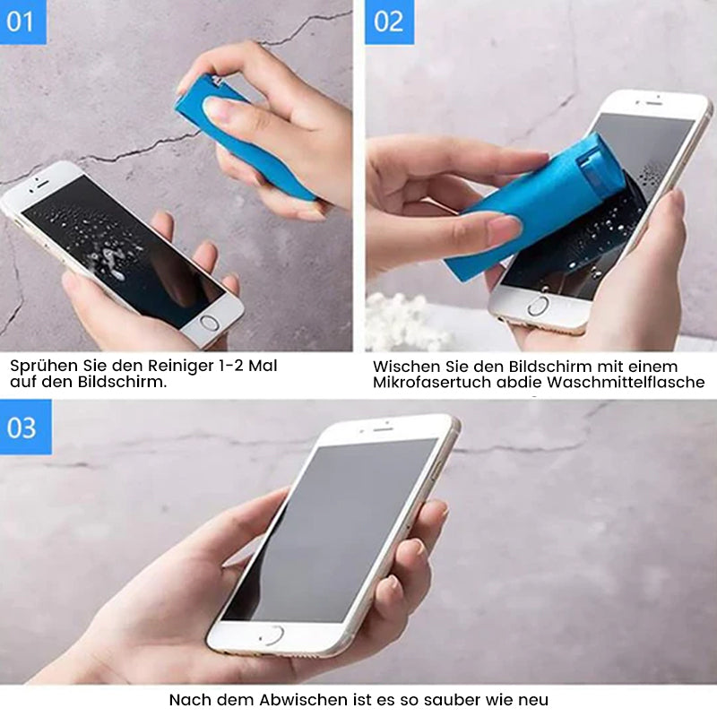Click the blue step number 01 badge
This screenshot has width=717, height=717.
23,22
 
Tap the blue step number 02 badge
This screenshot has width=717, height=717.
389,22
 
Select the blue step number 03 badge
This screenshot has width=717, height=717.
26,428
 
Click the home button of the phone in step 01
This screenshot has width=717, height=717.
210,323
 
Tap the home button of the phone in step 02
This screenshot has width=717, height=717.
538,306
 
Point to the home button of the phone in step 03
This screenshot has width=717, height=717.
272,636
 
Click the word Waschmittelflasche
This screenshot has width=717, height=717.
626,383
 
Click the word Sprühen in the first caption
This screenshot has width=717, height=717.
44,367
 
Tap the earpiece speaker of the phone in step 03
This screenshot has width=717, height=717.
384,429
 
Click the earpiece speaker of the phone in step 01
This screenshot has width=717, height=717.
42,183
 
